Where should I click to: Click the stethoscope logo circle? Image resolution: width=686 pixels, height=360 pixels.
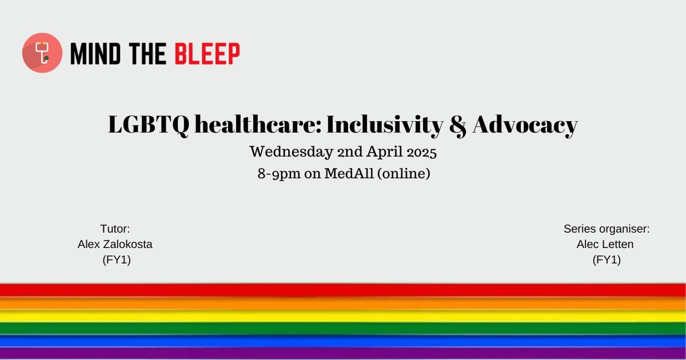pos(42,53)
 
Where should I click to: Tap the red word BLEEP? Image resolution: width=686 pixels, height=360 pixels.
pos(208,54)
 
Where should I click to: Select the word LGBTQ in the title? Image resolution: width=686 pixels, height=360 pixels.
pos(149,125)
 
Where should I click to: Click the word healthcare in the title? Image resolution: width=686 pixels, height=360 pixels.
pos(258,125)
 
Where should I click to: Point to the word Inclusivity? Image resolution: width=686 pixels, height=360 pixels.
pos(385,125)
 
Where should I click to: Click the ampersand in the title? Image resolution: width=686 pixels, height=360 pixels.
pos(458,126)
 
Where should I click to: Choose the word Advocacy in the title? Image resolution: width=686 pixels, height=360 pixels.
pos(525,125)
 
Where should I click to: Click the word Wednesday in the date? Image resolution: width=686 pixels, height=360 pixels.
pos(291,152)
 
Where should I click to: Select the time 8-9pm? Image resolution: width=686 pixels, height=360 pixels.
pos(279,174)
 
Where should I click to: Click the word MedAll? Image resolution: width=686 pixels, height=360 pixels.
pos(349,173)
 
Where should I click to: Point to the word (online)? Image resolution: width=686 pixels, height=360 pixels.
pos(404,174)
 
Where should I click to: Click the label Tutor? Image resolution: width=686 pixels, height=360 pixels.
pos(115,229)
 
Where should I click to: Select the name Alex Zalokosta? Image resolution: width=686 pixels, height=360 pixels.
pos(115,245)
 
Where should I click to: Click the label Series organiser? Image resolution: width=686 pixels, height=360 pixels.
pos(607,229)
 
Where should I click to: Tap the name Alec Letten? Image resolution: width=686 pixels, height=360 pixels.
pos(605,245)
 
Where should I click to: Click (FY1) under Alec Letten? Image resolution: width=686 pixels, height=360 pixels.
pos(607,260)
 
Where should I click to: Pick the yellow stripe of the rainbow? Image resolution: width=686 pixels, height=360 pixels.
pos(343,316)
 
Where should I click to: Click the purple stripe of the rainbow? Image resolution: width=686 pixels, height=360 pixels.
pos(343,354)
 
